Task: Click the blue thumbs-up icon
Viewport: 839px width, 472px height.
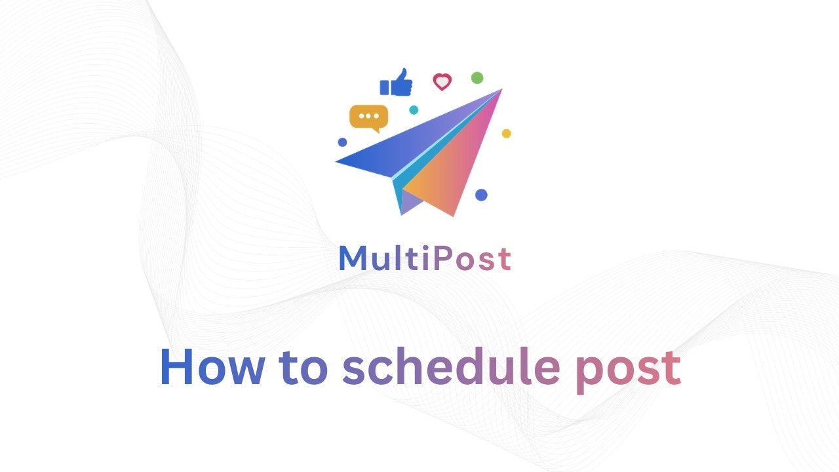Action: pyautogui.click(x=397, y=84)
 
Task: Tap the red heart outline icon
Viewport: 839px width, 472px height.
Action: pyautogui.click(x=442, y=82)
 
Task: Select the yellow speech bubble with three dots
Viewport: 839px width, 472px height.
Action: pyautogui.click(x=368, y=117)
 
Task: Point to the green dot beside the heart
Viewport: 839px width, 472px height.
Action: pyautogui.click(x=477, y=78)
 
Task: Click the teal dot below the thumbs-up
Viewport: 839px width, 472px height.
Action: pyautogui.click(x=414, y=110)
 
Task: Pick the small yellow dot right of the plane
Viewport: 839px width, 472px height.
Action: pyautogui.click(x=506, y=134)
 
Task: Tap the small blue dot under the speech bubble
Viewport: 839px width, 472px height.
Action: pyautogui.click(x=342, y=142)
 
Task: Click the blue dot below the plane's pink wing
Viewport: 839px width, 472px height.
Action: pyautogui.click(x=481, y=195)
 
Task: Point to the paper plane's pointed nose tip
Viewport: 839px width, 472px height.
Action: pyautogui.click(x=501, y=90)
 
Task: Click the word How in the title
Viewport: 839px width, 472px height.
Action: pyautogui.click(x=211, y=368)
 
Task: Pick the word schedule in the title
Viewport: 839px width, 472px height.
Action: pyautogui.click(x=451, y=368)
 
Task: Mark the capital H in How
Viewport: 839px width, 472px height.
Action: pyautogui.click(x=177, y=368)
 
